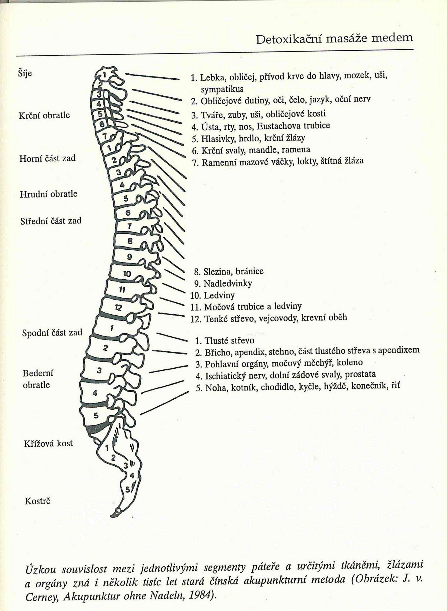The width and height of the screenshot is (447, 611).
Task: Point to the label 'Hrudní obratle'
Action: pyautogui.click(x=48, y=194)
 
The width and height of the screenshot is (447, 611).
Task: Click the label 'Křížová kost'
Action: pyautogui.click(x=48, y=443)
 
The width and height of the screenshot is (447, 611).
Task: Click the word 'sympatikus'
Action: pyautogui.click(x=222, y=89)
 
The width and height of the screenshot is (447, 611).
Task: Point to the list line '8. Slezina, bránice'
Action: pyautogui.click(x=229, y=271)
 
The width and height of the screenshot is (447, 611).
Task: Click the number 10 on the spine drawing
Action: pyautogui.click(x=127, y=274)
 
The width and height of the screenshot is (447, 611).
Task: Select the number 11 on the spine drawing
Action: pyautogui.click(x=122, y=290)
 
